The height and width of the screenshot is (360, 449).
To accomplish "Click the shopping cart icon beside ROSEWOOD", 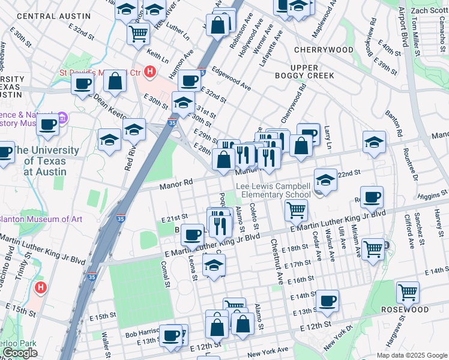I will pyautogui.click(x=408, y=292).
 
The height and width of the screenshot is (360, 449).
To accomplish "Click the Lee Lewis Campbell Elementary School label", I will pyautogui.click(x=273, y=190).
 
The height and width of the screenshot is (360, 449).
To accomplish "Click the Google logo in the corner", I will pyautogui.click(x=20, y=353).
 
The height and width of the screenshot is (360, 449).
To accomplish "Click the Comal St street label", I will pyautogui.click(x=163, y=262).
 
